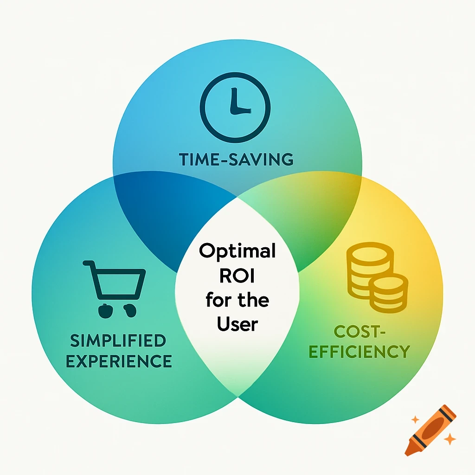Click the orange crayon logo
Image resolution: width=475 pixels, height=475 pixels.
[430, 430]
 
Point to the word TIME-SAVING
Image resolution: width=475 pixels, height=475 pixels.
[236, 160]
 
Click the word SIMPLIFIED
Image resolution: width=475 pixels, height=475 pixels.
[118, 341]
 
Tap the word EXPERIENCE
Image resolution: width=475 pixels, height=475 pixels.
[121, 360]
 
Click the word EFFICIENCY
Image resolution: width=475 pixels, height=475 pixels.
[359, 351]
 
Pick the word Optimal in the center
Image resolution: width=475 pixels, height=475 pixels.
[237, 251]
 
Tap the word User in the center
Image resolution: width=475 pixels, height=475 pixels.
[237, 324]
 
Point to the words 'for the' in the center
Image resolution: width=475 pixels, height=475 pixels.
[237, 300]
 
